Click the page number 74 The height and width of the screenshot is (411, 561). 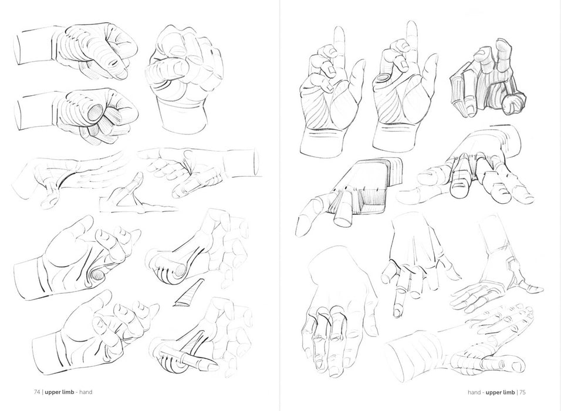click(37, 392)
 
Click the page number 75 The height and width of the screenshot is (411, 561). click(522, 392)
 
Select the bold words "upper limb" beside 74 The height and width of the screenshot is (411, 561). click(59, 392)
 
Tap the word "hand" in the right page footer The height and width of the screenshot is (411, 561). click(474, 392)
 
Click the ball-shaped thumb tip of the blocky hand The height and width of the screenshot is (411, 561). click(512, 104)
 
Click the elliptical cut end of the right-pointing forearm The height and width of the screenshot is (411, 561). click(256, 163)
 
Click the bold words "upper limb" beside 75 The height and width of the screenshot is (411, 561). click(500, 392)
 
